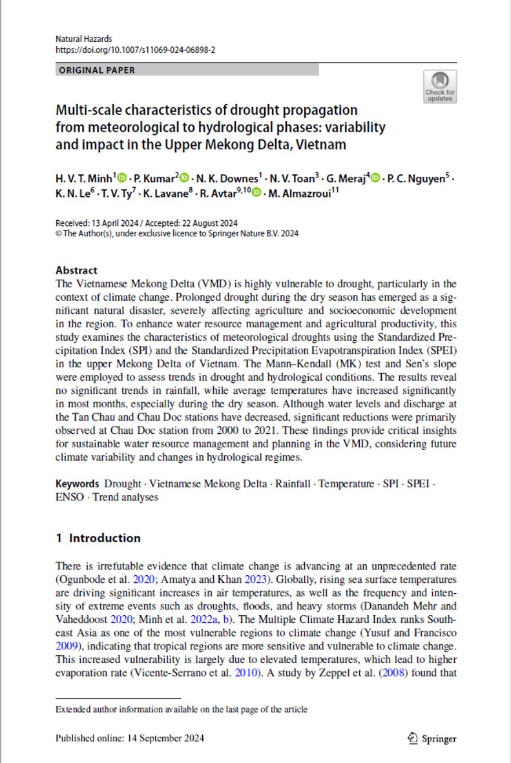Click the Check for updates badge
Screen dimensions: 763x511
[440, 86]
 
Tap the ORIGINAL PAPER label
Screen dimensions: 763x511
[97, 70]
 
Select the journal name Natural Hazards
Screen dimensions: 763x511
[83, 39]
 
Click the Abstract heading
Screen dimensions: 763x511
[76, 270]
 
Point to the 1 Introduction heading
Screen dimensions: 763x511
[98, 538]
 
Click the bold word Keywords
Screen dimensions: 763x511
[77, 483]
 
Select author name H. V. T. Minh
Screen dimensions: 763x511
[84, 178]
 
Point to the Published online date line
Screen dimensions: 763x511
[130, 738]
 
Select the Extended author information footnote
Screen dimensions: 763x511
[182, 709]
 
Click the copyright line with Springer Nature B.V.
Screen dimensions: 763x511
[177, 234]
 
